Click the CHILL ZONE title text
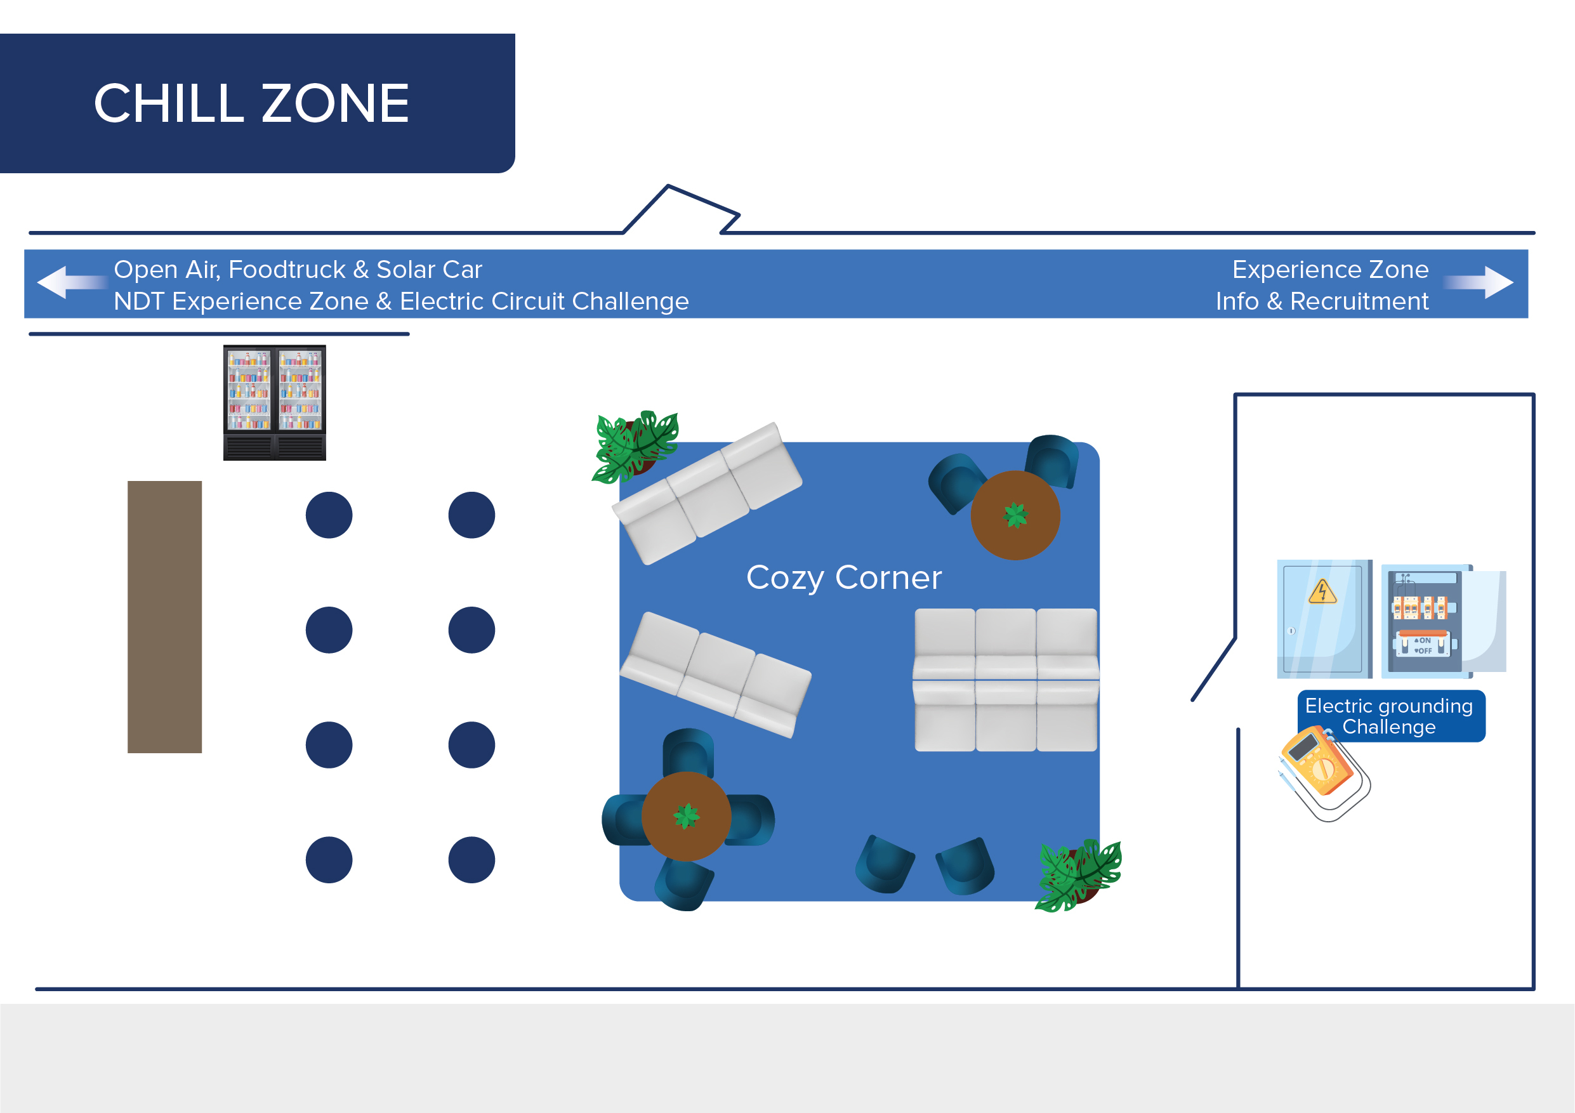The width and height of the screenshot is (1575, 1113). click(251, 103)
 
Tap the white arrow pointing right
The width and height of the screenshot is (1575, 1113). click(1479, 282)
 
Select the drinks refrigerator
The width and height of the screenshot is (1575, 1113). click(274, 402)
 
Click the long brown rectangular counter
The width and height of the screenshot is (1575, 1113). click(164, 617)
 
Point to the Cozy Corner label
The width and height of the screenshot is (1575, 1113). click(844, 578)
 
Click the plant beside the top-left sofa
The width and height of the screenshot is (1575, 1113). click(635, 447)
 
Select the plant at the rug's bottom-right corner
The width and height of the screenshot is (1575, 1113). click(1077, 876)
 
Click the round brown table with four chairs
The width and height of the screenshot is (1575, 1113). click(686, 816)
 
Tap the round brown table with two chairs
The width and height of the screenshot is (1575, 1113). click(1015, 515)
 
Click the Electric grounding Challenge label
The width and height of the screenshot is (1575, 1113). click(1390, 716)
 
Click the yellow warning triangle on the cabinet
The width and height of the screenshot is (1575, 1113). click(1322, 592)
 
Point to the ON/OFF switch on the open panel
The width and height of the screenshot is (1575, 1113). click(1423, 645)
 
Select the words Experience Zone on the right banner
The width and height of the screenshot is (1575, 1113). click(1330, 270)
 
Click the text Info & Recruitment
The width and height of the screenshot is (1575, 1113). click(1322, 301)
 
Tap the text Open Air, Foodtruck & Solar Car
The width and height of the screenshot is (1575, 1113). click(298, 270)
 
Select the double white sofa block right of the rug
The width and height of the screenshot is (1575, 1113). click(1006, 680)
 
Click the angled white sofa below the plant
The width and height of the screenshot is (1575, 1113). click(706, 494)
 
